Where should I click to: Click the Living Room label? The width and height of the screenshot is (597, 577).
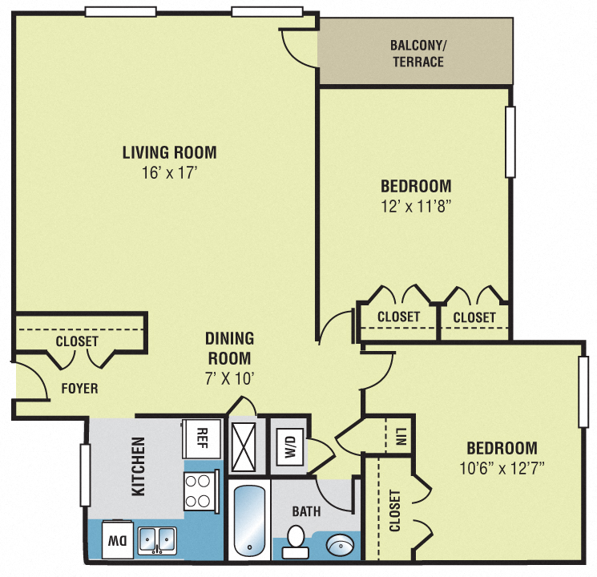click(169, 151)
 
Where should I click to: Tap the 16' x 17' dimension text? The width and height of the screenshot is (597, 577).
click(169, 171)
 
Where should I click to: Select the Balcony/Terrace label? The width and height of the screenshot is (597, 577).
click(417, 54)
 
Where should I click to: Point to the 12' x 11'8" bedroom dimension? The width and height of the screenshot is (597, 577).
click(415, 206)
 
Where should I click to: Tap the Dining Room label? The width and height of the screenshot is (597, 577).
click(229, 349)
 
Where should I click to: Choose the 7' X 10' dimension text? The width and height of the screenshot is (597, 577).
click(229, 378)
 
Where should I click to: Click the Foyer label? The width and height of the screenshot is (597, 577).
click(79, 389)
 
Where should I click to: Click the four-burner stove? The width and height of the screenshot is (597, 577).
click(198, 491)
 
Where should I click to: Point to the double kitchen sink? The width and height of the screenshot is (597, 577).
click(157, 540)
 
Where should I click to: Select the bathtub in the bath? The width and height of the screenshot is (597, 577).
click(249, 520)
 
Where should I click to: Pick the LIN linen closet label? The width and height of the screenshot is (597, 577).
click(398, 437)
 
